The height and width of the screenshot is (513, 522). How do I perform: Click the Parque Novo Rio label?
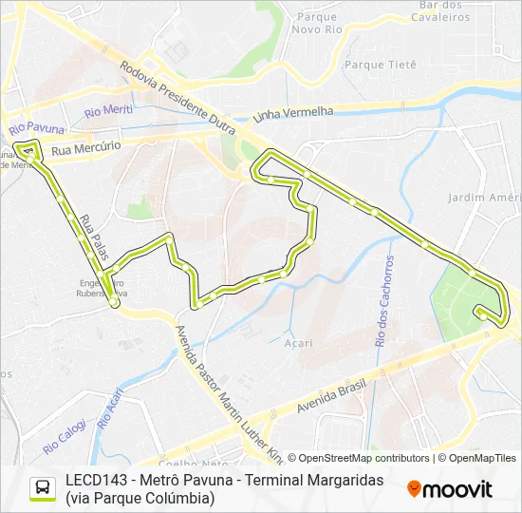318,23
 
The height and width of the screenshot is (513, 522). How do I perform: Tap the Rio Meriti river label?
107,111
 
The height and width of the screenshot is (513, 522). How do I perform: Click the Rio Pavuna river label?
36,127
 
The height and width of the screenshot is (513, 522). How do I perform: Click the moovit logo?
450,489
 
